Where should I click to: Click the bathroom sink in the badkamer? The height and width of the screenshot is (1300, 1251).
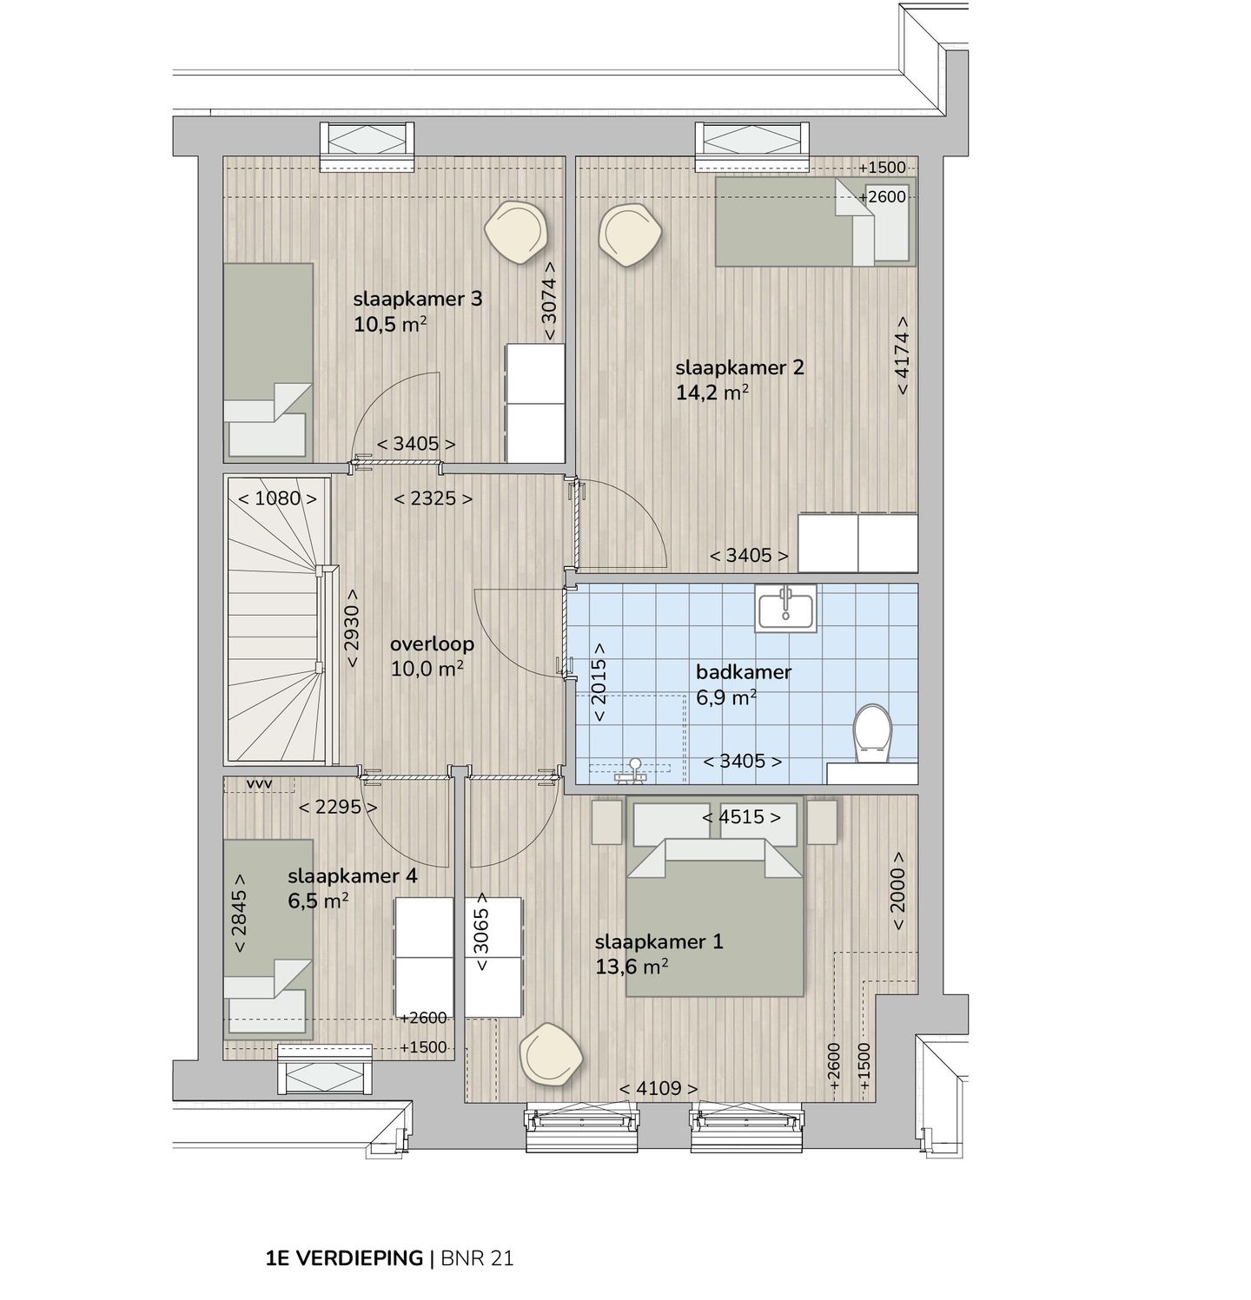pyautogui.click(x=785, y=606)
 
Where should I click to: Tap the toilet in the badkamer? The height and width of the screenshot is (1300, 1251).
pyautogui.click(x=872, y=734)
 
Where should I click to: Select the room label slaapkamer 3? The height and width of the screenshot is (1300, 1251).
pyautogui.click(x=417, y=300)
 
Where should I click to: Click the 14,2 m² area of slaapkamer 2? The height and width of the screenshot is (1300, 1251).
pyautogui.click(x=712, y=393)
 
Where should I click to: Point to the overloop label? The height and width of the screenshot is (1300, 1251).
pyautogui.click(x=432, y=644)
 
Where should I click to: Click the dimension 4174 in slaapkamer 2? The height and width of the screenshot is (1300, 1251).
pyautogui.click(x=903, y=354)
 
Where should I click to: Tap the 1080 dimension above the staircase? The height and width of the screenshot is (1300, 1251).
pyautogui.click(x=277, y=498)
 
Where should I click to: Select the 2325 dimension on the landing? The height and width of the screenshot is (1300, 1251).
pyautogui.click(x=433, y=499)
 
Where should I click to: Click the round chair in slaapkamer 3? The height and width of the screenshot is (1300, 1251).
pyautogui.click(x=517, y=231)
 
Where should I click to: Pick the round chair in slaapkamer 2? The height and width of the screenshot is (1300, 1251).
pyautogui.click(x=632, y=234)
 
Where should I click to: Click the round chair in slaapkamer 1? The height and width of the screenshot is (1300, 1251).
pyautogui.click(x=551, y=1053)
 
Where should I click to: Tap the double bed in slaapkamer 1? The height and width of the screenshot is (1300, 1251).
pyautogui.click(x=714, y=912)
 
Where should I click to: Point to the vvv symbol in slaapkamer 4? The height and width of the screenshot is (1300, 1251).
pyautogui.click(x=260, y=784)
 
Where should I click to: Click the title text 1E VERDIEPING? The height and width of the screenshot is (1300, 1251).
pyautogui.click(x=344, y=1258)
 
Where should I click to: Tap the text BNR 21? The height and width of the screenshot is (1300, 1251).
pyautogui.click(x=477, y=1258)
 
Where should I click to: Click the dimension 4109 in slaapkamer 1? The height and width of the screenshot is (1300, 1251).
pyautogui.click(x=658, y=1088)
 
